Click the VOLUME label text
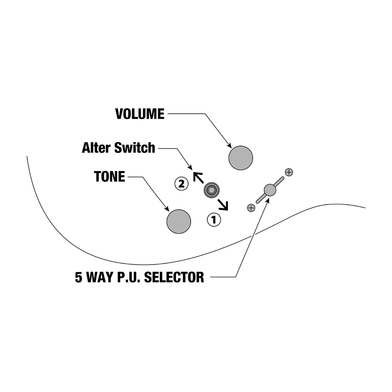140,114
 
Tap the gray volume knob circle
241,158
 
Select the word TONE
109,177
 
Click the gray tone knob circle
178,221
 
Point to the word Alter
96,147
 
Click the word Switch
134,147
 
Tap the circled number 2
181,184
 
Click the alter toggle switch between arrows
212,190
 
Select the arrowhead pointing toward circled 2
197,175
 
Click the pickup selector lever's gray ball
269,190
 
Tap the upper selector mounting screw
289,172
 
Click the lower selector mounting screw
251,208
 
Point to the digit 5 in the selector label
78,277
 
